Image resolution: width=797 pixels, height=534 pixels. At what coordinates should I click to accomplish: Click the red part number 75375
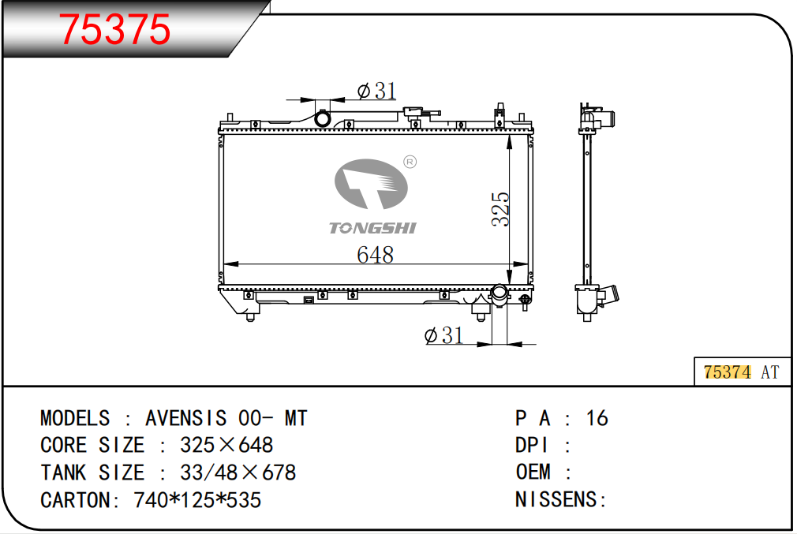coord(114,29)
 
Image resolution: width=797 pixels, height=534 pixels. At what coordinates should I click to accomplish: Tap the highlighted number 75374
coord(727,372)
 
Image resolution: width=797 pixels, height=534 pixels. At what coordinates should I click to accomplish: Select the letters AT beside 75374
coord(769,372)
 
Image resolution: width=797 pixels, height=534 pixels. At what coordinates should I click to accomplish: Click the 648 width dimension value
coord(375,255)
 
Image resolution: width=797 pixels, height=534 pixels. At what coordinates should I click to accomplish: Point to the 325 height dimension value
coord(500,209)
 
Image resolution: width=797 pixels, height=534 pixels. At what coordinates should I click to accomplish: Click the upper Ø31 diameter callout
coord(376,91)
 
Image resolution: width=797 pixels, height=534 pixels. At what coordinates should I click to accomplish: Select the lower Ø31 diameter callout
coord(443,335)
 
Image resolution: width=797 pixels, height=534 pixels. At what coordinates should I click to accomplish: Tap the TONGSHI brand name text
coord(372,228)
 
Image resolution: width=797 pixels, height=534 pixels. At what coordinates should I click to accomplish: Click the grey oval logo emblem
coord(371,184)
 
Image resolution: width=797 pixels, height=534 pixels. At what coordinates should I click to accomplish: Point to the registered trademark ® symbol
coord(410,162)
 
